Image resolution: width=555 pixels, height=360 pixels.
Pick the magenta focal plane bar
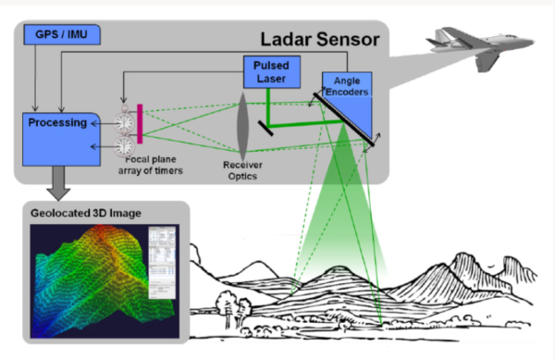pyautogui.click(x=140, y=125)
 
